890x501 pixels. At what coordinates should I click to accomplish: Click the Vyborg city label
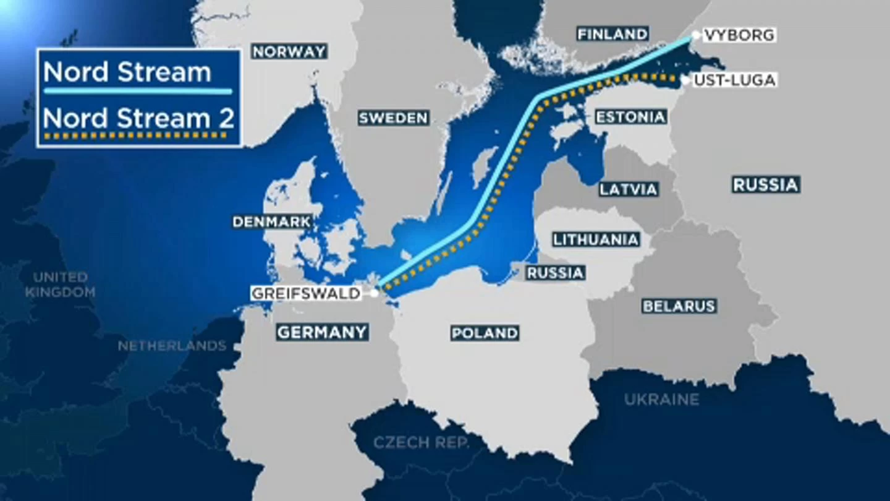coord(739,35)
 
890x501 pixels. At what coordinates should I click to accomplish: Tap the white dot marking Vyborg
coord(696,35)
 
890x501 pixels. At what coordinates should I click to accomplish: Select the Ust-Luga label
coord(734,80)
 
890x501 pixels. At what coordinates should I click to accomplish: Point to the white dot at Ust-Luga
coord(685,80)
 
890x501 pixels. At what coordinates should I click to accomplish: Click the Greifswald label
coord(306,293)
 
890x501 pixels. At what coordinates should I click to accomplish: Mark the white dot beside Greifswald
coord(374,293)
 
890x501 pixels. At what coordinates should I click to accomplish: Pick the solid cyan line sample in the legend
coord(137,92)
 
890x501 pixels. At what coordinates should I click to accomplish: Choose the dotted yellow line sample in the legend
coord(137,135)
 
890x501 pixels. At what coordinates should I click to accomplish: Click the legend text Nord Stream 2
coord(138,118)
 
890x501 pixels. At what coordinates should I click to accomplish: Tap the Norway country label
coord(289,52)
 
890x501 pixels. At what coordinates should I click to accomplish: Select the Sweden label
coord(393,118)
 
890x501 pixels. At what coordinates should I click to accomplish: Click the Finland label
coord(612,33)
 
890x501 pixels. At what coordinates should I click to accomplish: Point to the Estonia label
coord(630,117)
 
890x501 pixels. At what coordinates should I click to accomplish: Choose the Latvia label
coord(629,189)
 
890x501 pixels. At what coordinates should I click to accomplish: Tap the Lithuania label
coord(596,239)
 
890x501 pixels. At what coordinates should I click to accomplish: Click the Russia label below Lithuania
coord(555,273)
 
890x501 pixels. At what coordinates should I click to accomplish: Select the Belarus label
coord(679,306)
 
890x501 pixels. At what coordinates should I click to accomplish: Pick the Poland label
coord(485,333)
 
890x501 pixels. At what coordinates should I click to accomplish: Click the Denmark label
coord(271,222)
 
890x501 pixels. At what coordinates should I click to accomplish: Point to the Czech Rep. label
coord(421,443)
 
